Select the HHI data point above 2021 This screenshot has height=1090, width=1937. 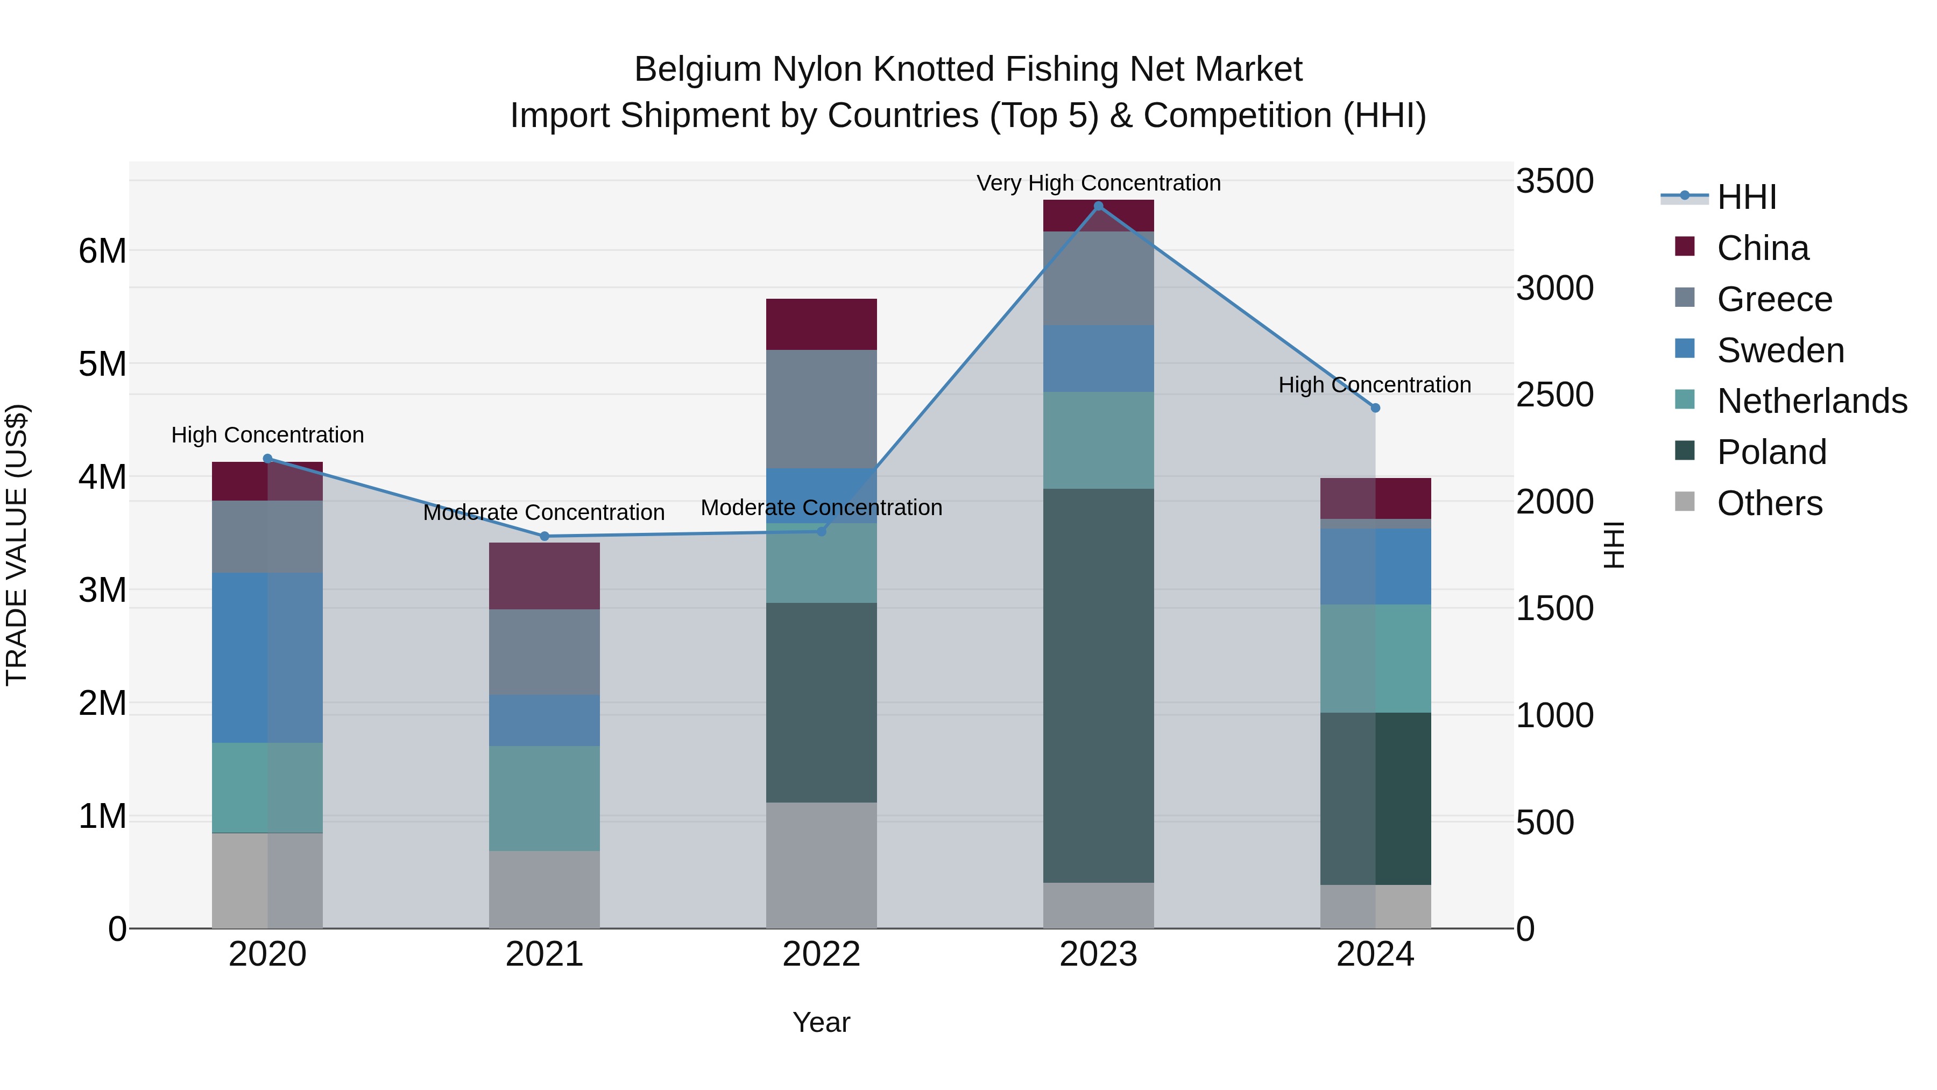pos(545,536)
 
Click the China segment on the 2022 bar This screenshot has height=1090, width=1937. pos(821,324)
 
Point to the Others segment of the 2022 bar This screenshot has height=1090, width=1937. pos(821,865)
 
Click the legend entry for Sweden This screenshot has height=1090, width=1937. pos(1780,350)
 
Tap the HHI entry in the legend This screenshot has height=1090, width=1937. pos(1746,197)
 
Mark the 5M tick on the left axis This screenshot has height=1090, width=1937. pos(102,364)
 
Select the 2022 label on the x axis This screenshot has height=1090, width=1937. pos(821,954)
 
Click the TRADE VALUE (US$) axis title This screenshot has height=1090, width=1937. pos(17,545)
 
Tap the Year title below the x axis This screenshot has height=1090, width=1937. pos(821,1022)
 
